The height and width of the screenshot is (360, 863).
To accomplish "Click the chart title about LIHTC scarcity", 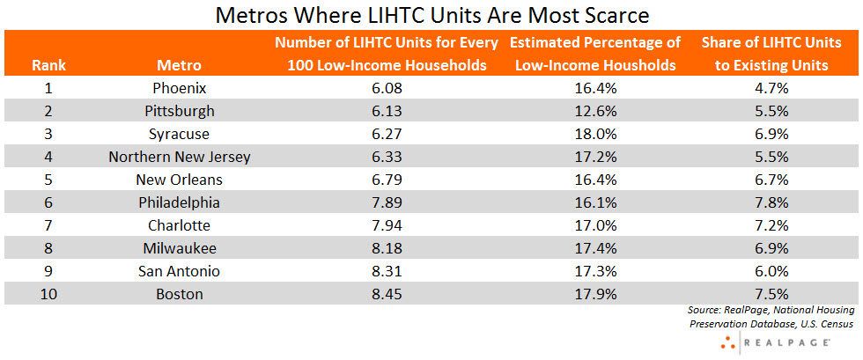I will click(x=431, y=15).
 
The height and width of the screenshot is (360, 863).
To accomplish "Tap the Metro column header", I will click(x=179, y=64).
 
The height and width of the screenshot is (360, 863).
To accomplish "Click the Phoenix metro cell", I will click(x=179, y=88).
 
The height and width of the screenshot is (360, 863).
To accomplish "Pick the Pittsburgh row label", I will click(x=179, y=111).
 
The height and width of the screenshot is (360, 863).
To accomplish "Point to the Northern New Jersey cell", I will click(x=179, y=157).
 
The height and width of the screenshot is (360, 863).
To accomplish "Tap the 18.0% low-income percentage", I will click(x=595, y=134).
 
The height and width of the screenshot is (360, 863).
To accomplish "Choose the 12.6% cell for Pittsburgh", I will click(x=595, y=111).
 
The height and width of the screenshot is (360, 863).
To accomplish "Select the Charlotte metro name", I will click(x=179, y=225).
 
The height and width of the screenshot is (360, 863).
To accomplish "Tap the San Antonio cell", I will click(x=179, y=271).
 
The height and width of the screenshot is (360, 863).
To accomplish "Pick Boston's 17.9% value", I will click(x=595, y=294).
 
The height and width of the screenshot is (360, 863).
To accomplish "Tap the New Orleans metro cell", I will click(x=179, y=180).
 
